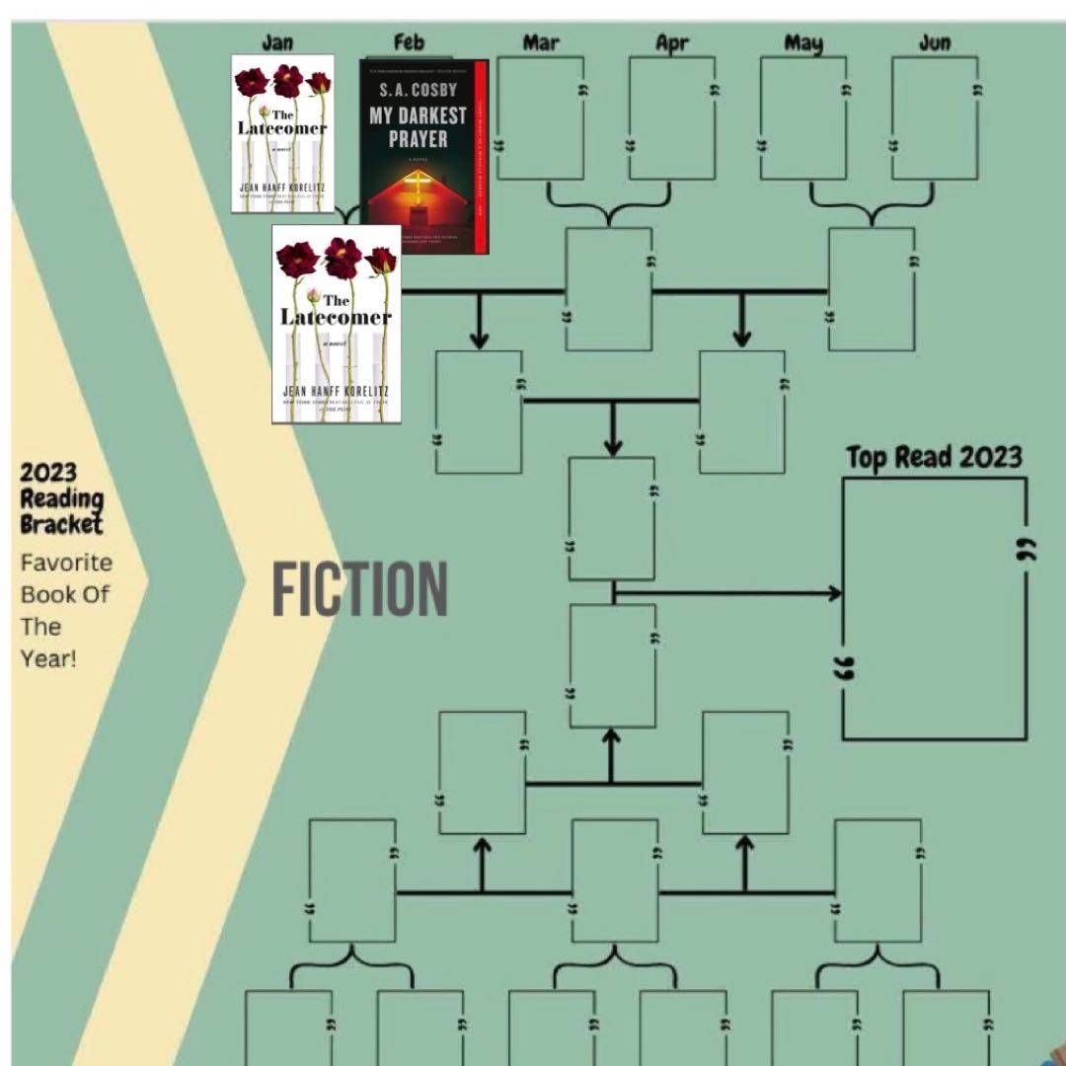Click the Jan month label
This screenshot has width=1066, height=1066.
coord(277,42)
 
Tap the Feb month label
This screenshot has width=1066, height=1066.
coord(409,41)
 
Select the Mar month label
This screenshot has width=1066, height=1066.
coord(541,41)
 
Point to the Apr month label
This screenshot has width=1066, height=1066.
coord(671,42)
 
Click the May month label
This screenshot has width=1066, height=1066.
coord(803,42)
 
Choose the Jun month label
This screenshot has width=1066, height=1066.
coord(935,42)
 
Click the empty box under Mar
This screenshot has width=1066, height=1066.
coord(540,118)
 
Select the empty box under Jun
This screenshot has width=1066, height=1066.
coord(935,118)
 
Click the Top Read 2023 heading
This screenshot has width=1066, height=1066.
coord(934,458)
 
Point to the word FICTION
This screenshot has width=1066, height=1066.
coord(359,589)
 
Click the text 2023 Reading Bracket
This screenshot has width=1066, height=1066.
coord(62,498)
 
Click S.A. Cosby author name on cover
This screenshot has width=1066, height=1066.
coord(419,92)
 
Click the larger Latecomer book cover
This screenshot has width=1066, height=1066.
coord(337,324)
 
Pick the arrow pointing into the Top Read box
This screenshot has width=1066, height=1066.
coord(834,593)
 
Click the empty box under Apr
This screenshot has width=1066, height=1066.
coord(672,118)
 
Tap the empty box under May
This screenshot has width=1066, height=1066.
coord(803,118)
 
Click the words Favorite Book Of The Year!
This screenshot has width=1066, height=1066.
coord(66,610)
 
